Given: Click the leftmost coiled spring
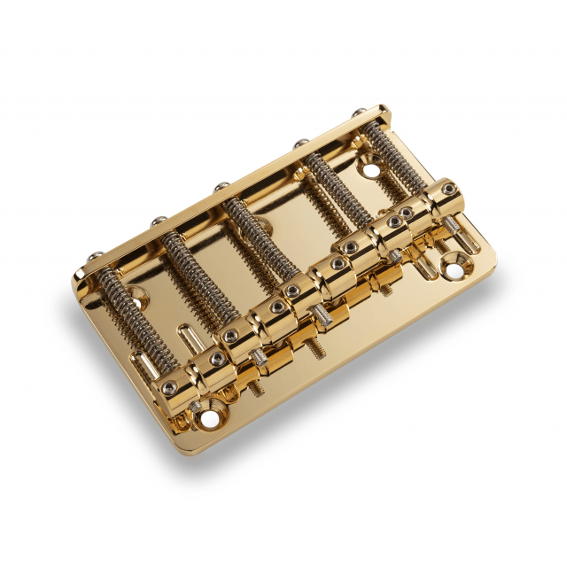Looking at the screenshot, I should pos(120,305).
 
